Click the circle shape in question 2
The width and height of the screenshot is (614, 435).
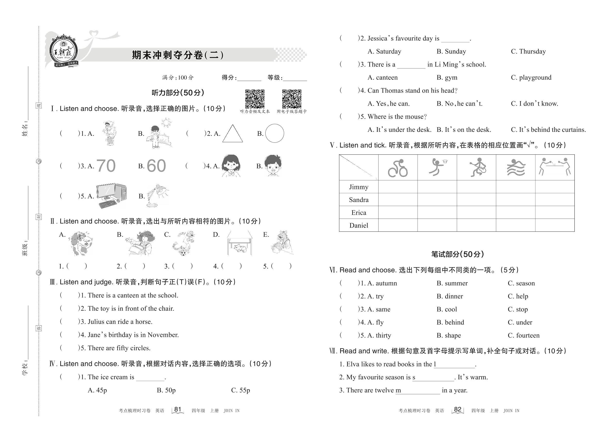pos(274,133)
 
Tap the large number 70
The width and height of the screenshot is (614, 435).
pos(106,166)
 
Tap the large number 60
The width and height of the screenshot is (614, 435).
pos(156,166)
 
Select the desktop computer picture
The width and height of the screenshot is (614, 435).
pos(111,195)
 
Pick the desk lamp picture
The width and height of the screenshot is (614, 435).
pos(157,195)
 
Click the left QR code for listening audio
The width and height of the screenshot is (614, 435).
pos(255,99)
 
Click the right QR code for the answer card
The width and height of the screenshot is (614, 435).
pos(292,99)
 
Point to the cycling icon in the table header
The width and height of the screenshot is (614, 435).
pos(398,168)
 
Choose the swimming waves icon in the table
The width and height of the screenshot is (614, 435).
pos(516,168)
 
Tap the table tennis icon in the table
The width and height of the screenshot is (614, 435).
pos(554,167)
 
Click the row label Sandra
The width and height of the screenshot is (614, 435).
pos(359,200)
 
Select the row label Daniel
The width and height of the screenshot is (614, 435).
pos(359,226)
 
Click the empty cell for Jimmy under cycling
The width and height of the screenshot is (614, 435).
pos(398,187)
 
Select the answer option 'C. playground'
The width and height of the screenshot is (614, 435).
pos(531,78)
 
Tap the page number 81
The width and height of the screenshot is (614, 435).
pos(178,409)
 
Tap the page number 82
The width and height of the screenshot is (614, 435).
pos(458,409)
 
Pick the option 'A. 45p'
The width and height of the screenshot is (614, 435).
pos(97,390)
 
